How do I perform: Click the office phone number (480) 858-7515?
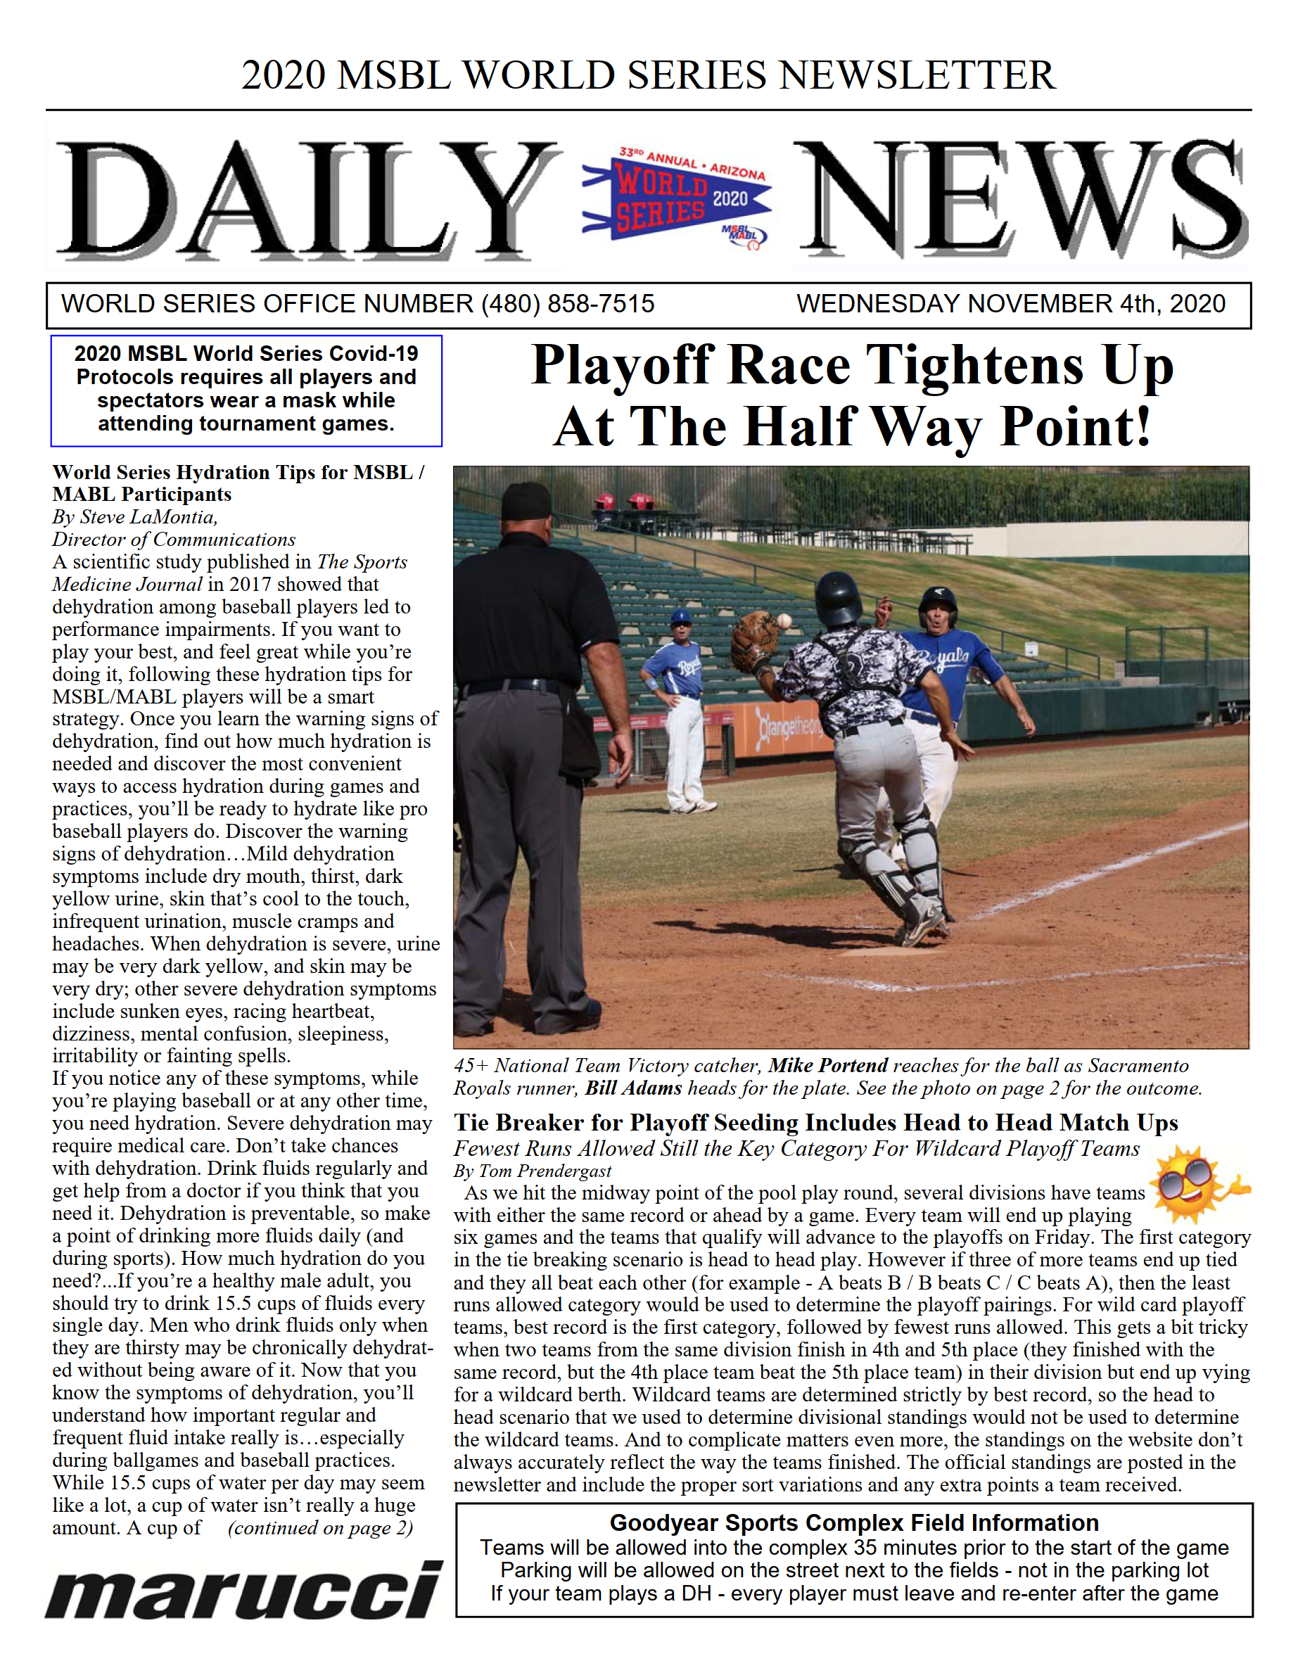pyautogui.click(x=567, y=304)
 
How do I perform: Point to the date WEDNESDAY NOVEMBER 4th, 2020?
pyautogui.click(x=1010, y=304)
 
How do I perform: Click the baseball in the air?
pyautogui.click(x=783, y=620)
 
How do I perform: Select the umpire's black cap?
pyautogui.click(x=526, y=502)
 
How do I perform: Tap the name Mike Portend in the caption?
pyautogui.click(x=828, y=1065)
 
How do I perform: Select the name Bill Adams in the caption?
pyautogui.click(x=633, y=1088)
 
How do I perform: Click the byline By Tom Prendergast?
pyautogui.click(x=533, y=1171)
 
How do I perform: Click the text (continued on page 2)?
pyautogui.click(x=320, y=1528)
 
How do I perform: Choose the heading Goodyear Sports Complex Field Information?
pyautogui.click(x=854, y=1522)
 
